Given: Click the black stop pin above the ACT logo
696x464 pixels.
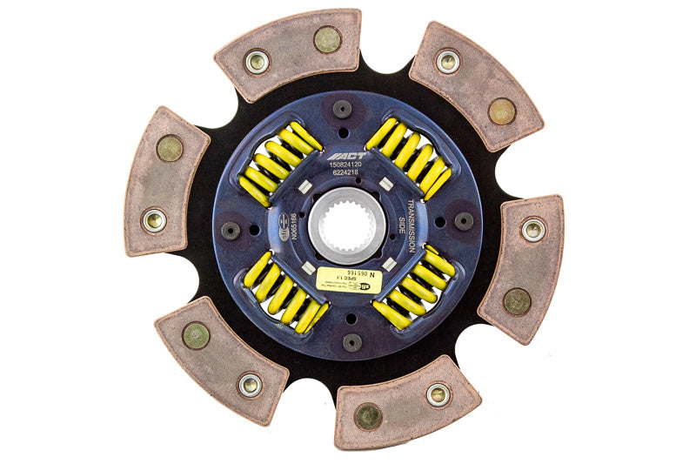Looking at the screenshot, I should (x=343, y=109).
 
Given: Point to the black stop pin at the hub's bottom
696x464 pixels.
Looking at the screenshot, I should (x=351, y=342).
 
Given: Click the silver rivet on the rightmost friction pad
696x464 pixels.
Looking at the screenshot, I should (x=532, y=230).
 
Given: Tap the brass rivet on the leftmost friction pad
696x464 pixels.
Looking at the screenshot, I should (x=169, y=149).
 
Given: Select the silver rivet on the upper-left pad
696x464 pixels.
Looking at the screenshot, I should (x=257, y=62).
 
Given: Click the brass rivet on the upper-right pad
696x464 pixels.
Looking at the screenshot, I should (x=502, y=111).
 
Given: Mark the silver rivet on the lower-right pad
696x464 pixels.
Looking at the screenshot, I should (x=438, y=394).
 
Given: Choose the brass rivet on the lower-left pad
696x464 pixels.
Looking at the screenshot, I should (x=196, y=336).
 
